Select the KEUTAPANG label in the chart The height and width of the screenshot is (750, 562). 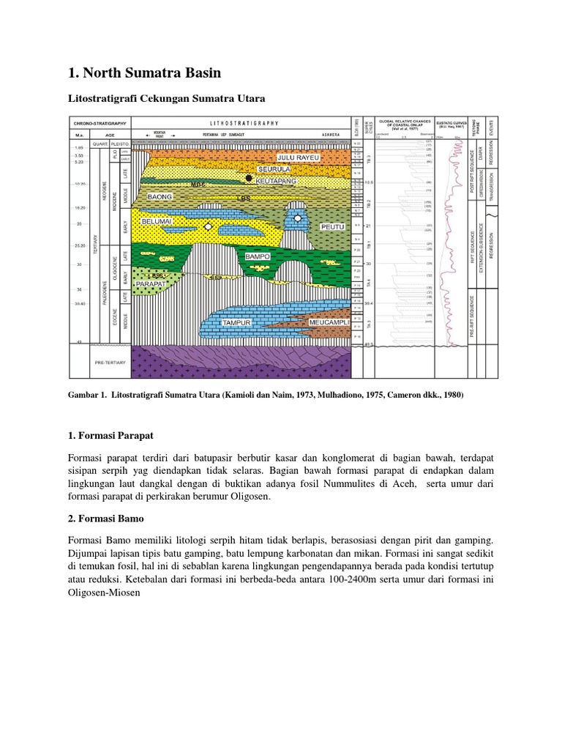pyautogui.click(x=276, y=180)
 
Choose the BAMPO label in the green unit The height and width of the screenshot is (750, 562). pyautogui.click(x=258, y=257)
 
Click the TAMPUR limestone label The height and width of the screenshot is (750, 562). pyautogui.click(x=237, y=322)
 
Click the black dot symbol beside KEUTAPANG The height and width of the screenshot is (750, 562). pyautogui.click(x=249, y=178)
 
